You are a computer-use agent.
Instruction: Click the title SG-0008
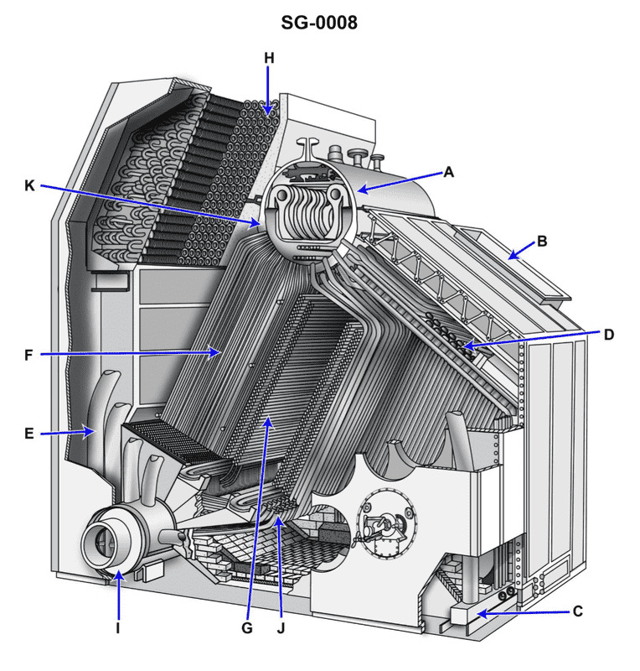pos(319,23)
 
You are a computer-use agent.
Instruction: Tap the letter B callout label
pos(542,241)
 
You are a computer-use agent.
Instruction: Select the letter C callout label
pos(577,611)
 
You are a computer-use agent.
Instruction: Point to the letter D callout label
pos(609,334)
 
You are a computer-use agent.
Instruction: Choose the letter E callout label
pos(29,434)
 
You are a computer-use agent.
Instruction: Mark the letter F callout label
pos(29,355)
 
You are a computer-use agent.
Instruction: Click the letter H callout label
pos(268,58)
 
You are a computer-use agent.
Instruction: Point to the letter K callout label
pos(29,185)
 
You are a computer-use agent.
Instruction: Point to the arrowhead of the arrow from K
pos(261,224)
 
